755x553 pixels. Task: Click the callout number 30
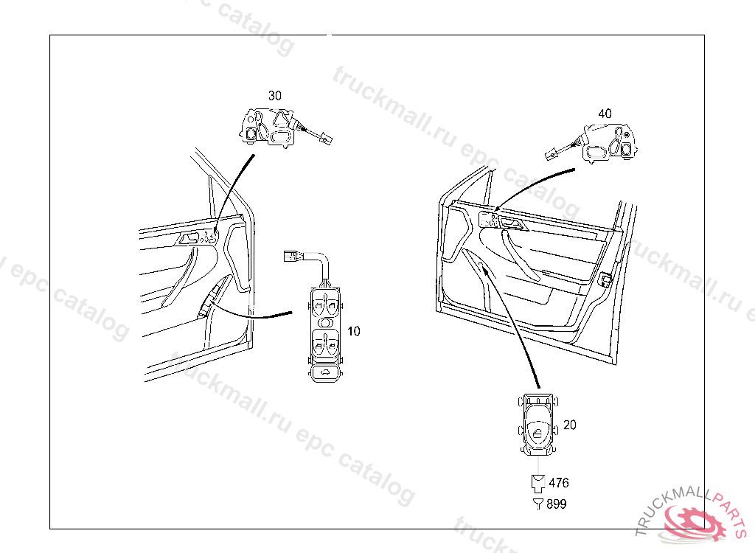(x=274, y=96)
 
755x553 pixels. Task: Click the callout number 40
(x=605, y=114)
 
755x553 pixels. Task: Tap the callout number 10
(x=354, y=331)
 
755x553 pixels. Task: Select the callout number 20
(x=569, y=425)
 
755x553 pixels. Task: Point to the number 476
(x=559, y=483)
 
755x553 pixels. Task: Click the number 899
(x=557, y=504)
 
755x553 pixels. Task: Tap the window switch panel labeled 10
(x=324, y=333)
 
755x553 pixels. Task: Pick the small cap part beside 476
(x=538, y=483)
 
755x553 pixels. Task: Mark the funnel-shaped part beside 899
(x=538, y=504)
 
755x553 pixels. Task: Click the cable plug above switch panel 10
(x=292, y=257)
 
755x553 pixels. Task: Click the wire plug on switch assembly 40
(x=550, y=155)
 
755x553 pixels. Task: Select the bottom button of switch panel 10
(x=324, y=373)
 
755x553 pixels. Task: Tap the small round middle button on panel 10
(x=324, y=322)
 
